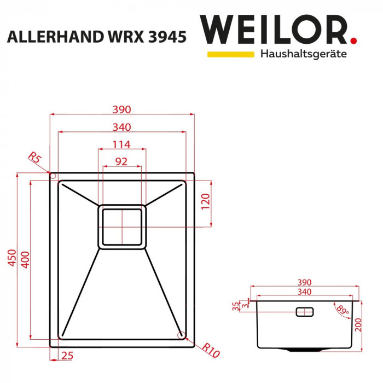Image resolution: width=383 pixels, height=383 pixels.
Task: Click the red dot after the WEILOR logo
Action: [x=354, y=40]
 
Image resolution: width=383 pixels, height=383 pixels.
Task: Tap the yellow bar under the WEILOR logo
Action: [x=230, y=54]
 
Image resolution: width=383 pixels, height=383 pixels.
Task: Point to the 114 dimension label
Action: [x=121, y=144]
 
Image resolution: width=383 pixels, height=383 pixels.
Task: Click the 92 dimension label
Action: [x=121, y=161]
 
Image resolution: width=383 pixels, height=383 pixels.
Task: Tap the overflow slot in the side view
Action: [x=304, y=312]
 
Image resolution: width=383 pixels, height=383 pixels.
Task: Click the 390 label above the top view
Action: [x=121, y=109]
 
